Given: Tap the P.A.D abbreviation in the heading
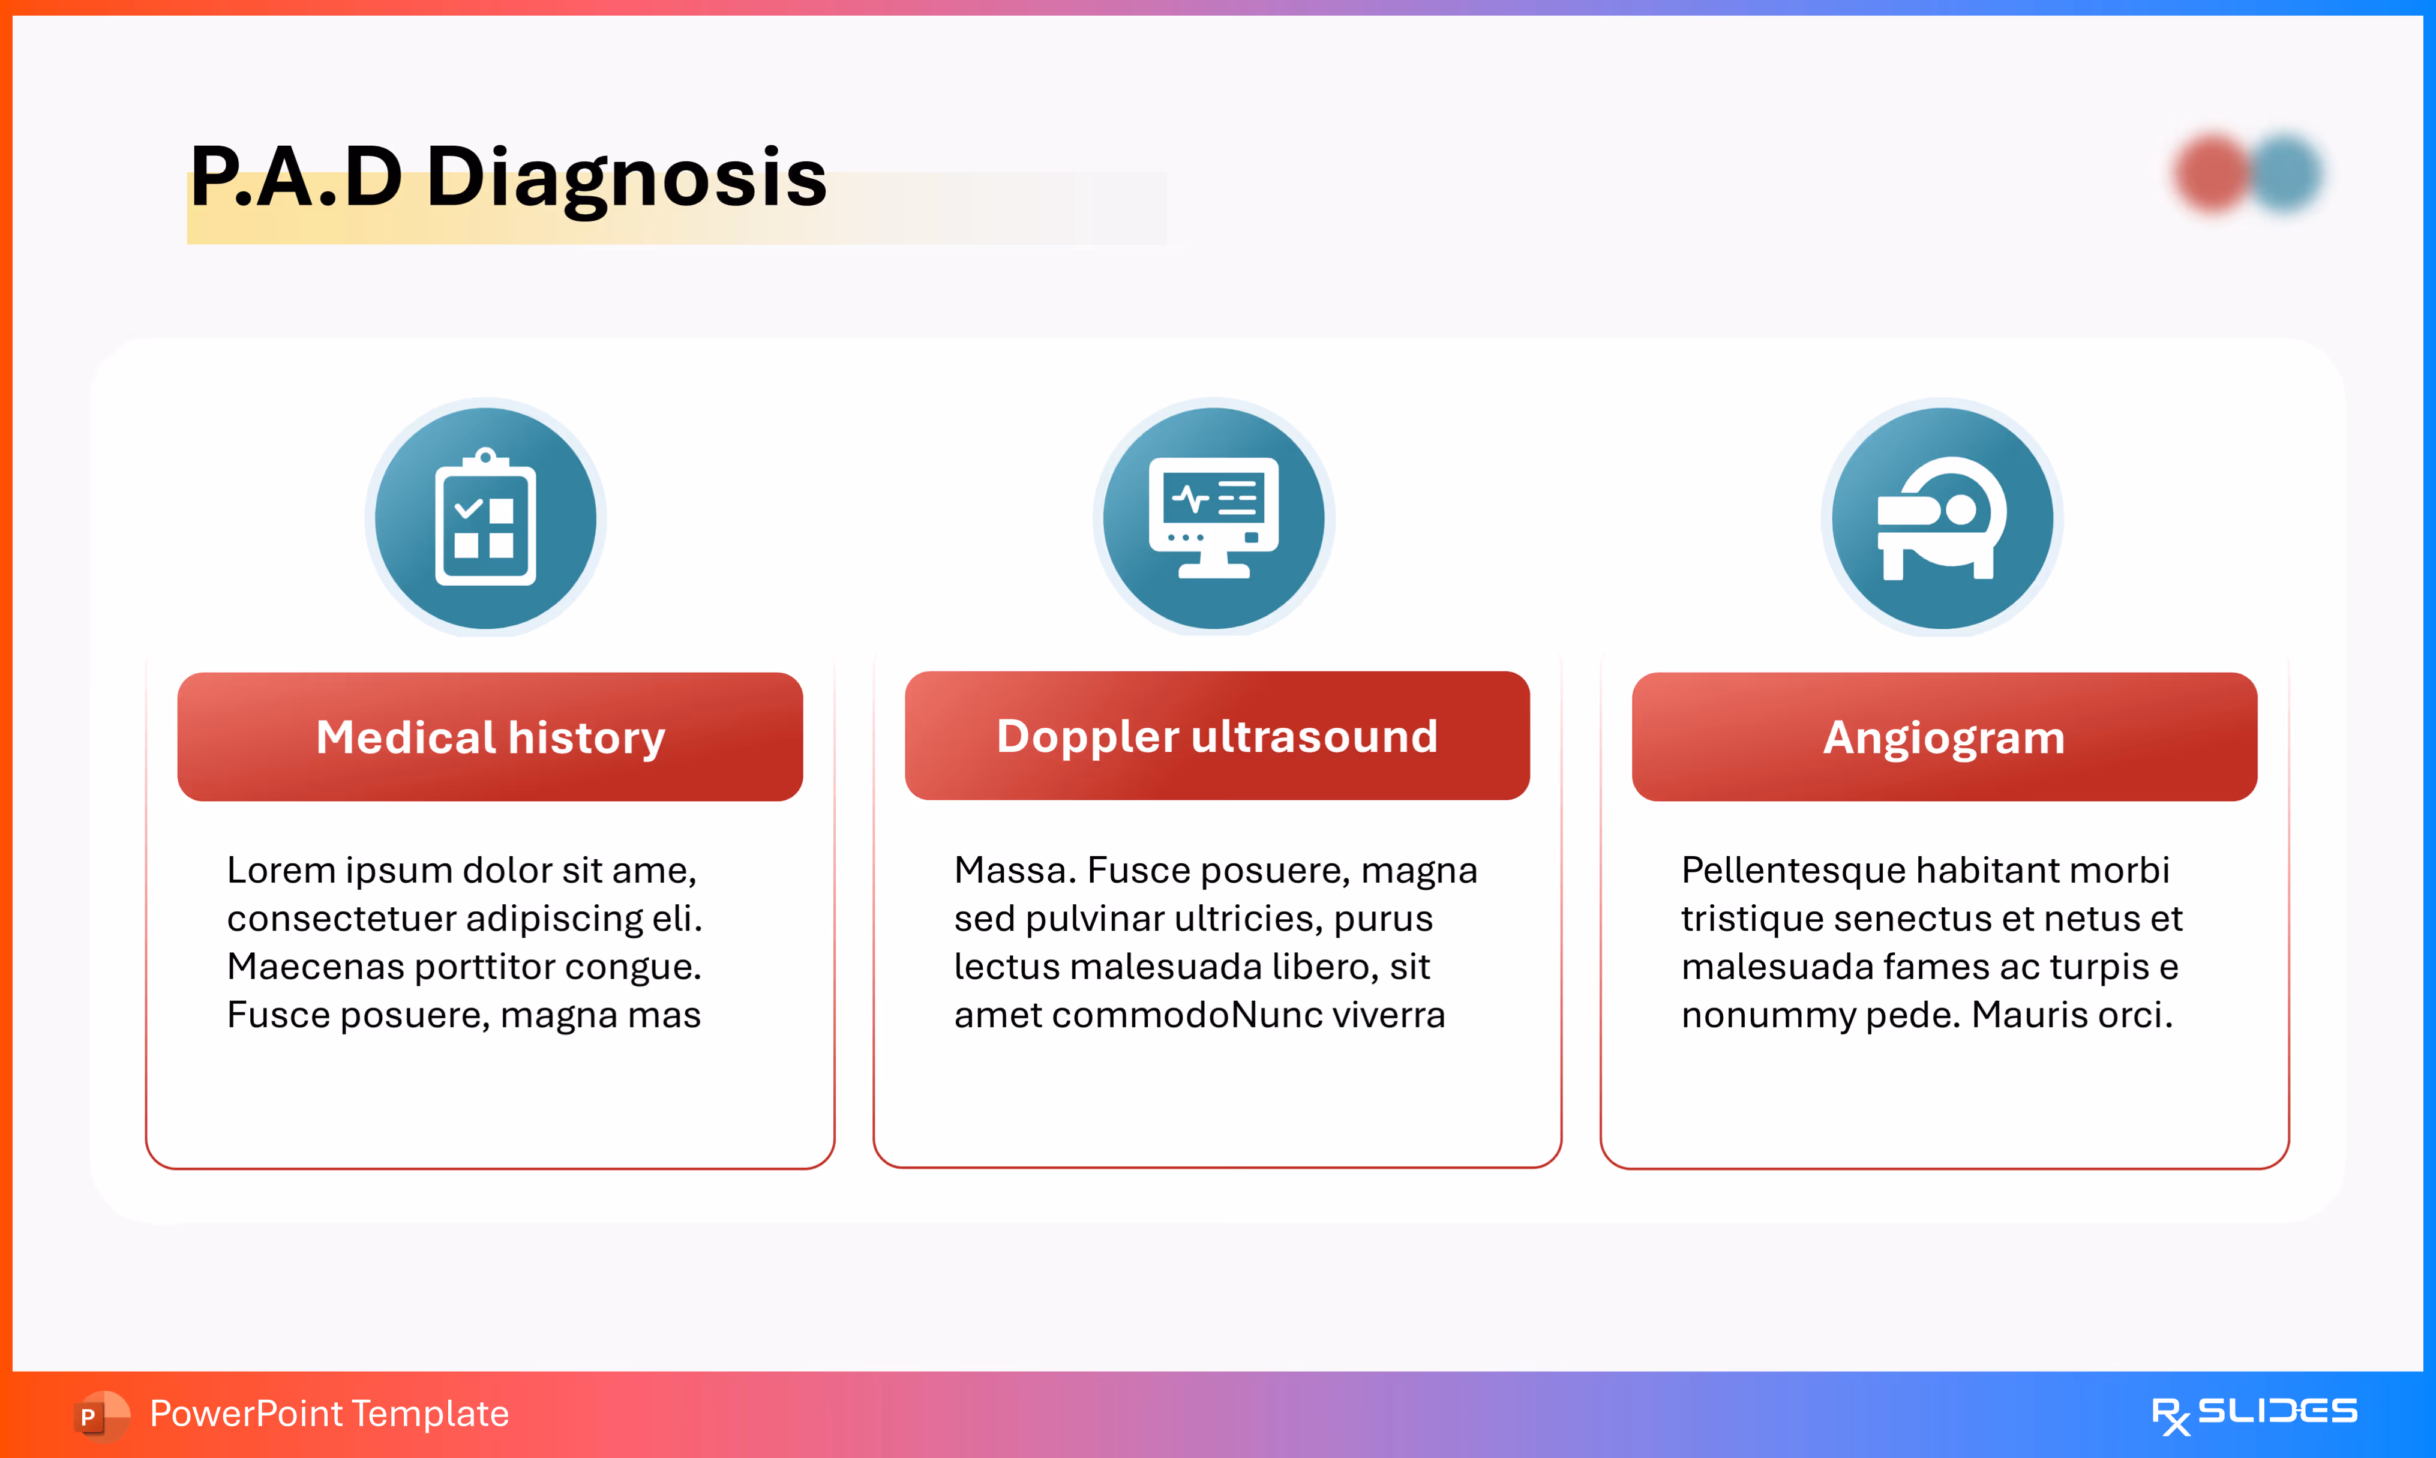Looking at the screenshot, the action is [296, 177].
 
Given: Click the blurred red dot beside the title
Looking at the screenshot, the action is [2213, 173].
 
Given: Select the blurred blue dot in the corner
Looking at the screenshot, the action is [2285, 173].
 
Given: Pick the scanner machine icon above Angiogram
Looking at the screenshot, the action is [1942, 518].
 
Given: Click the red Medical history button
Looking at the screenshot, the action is [490, 737].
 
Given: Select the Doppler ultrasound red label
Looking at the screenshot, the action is [1217, 736].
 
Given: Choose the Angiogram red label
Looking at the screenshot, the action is [1945, 737].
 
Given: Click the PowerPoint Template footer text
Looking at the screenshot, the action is [329, 1414].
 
